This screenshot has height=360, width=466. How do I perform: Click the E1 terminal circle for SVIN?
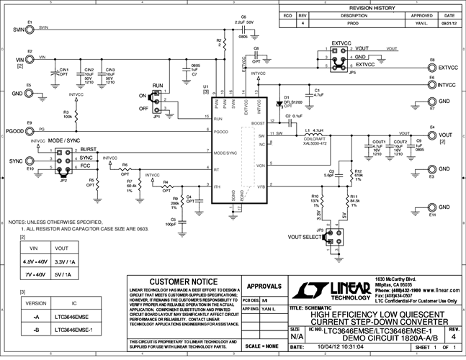30,30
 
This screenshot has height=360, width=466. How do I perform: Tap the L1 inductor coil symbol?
316,135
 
